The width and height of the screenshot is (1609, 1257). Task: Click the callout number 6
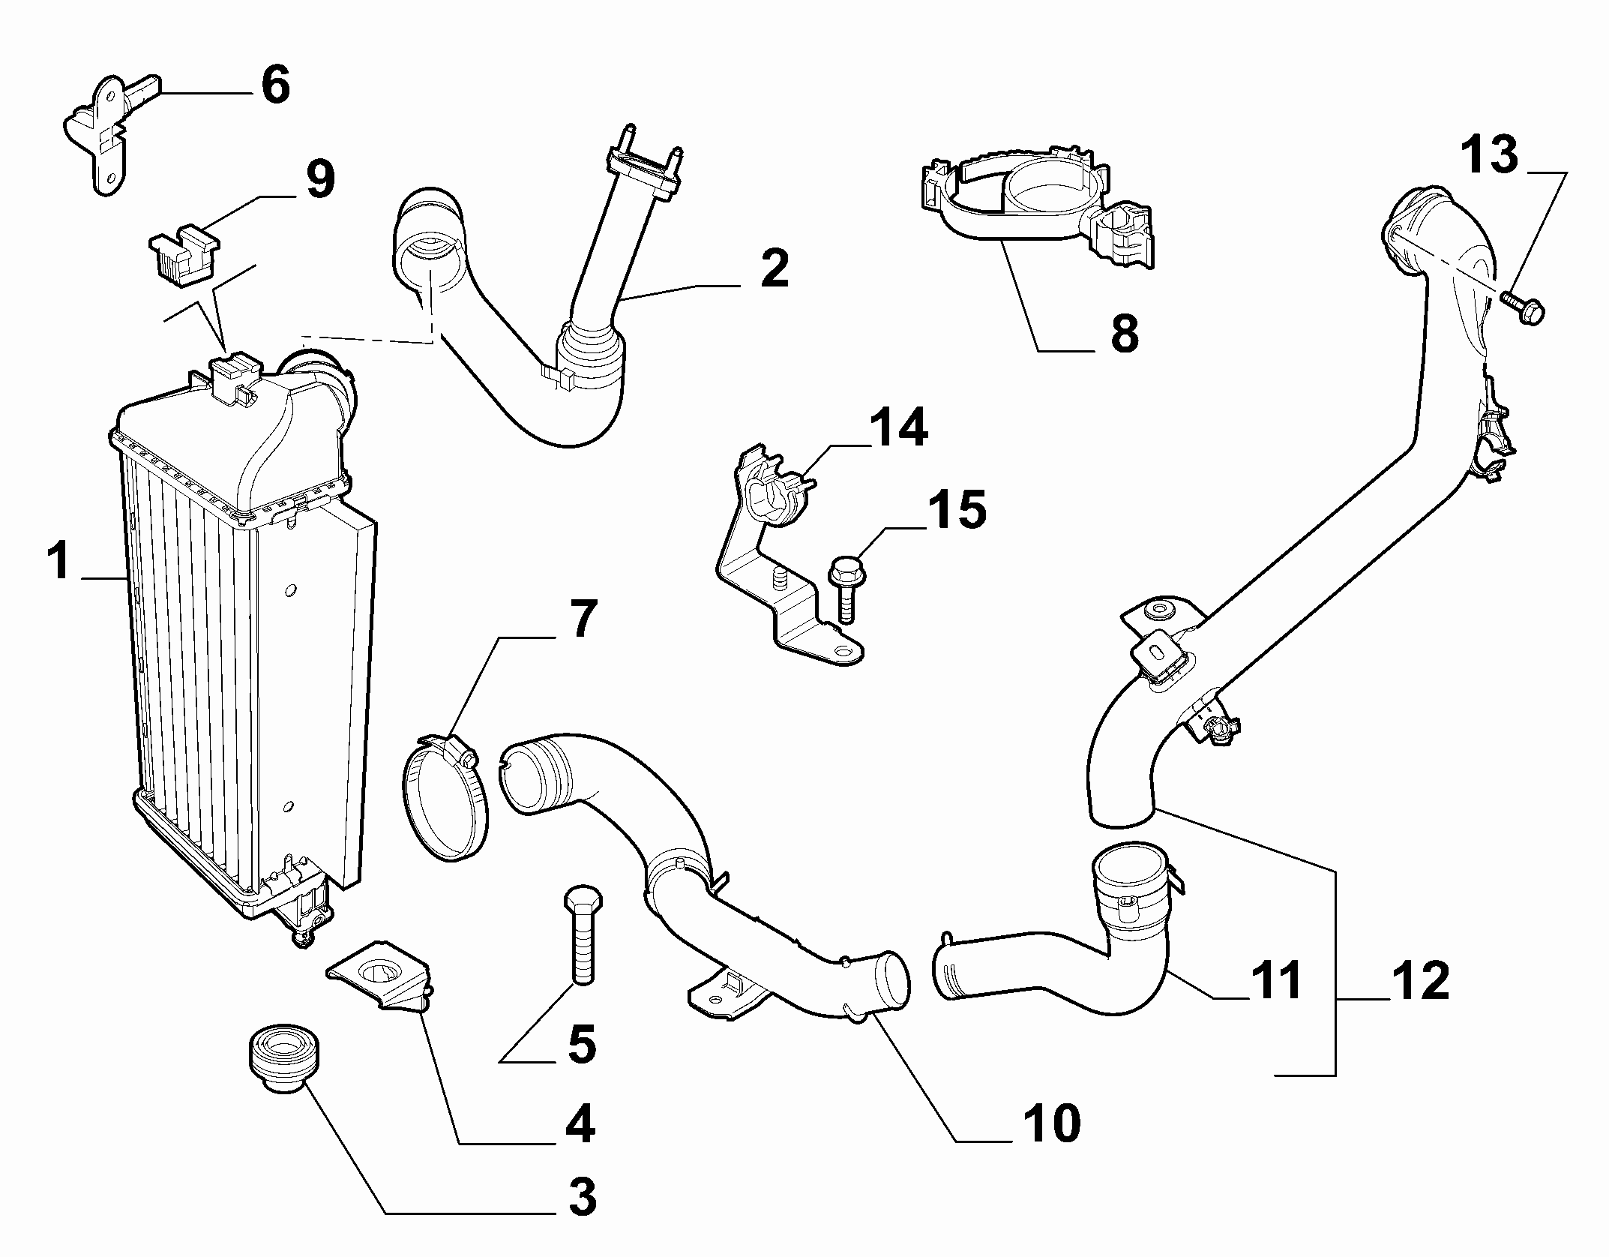pos(274,86)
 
